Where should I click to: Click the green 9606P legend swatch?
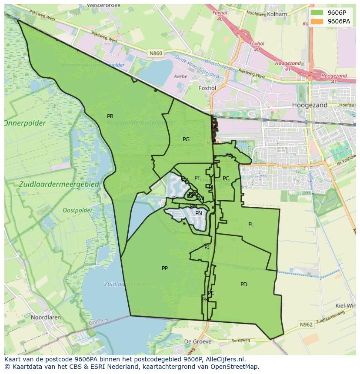click(317, 13)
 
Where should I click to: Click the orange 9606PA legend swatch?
click(317, 21)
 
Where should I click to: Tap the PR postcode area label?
click(110, 116)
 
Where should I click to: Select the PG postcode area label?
click(186, 139)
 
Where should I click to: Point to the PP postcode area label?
click(165, 268)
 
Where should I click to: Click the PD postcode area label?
click(244, 285)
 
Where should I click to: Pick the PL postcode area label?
click(251, 225)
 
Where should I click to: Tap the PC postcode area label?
click(226, 179)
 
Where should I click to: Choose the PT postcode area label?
click(197, 178)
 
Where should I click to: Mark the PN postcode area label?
click(199, 213)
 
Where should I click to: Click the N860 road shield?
click(155, 53)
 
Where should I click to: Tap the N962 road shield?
click(306, 324)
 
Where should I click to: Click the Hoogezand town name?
click(310, 105)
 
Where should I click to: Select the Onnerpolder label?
click(25, 123)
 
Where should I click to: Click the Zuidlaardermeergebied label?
click(60, 185)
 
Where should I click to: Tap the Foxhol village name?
click(207, 88)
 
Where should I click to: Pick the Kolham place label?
click(277, 14)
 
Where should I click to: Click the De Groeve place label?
click(198, 341)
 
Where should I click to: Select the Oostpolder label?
click(77, 210)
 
